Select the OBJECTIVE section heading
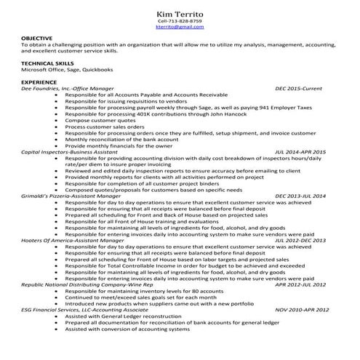click(36, 37)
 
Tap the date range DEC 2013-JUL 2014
click(300, 196)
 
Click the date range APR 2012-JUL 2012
click(300, 284)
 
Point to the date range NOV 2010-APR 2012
click(300, 309)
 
